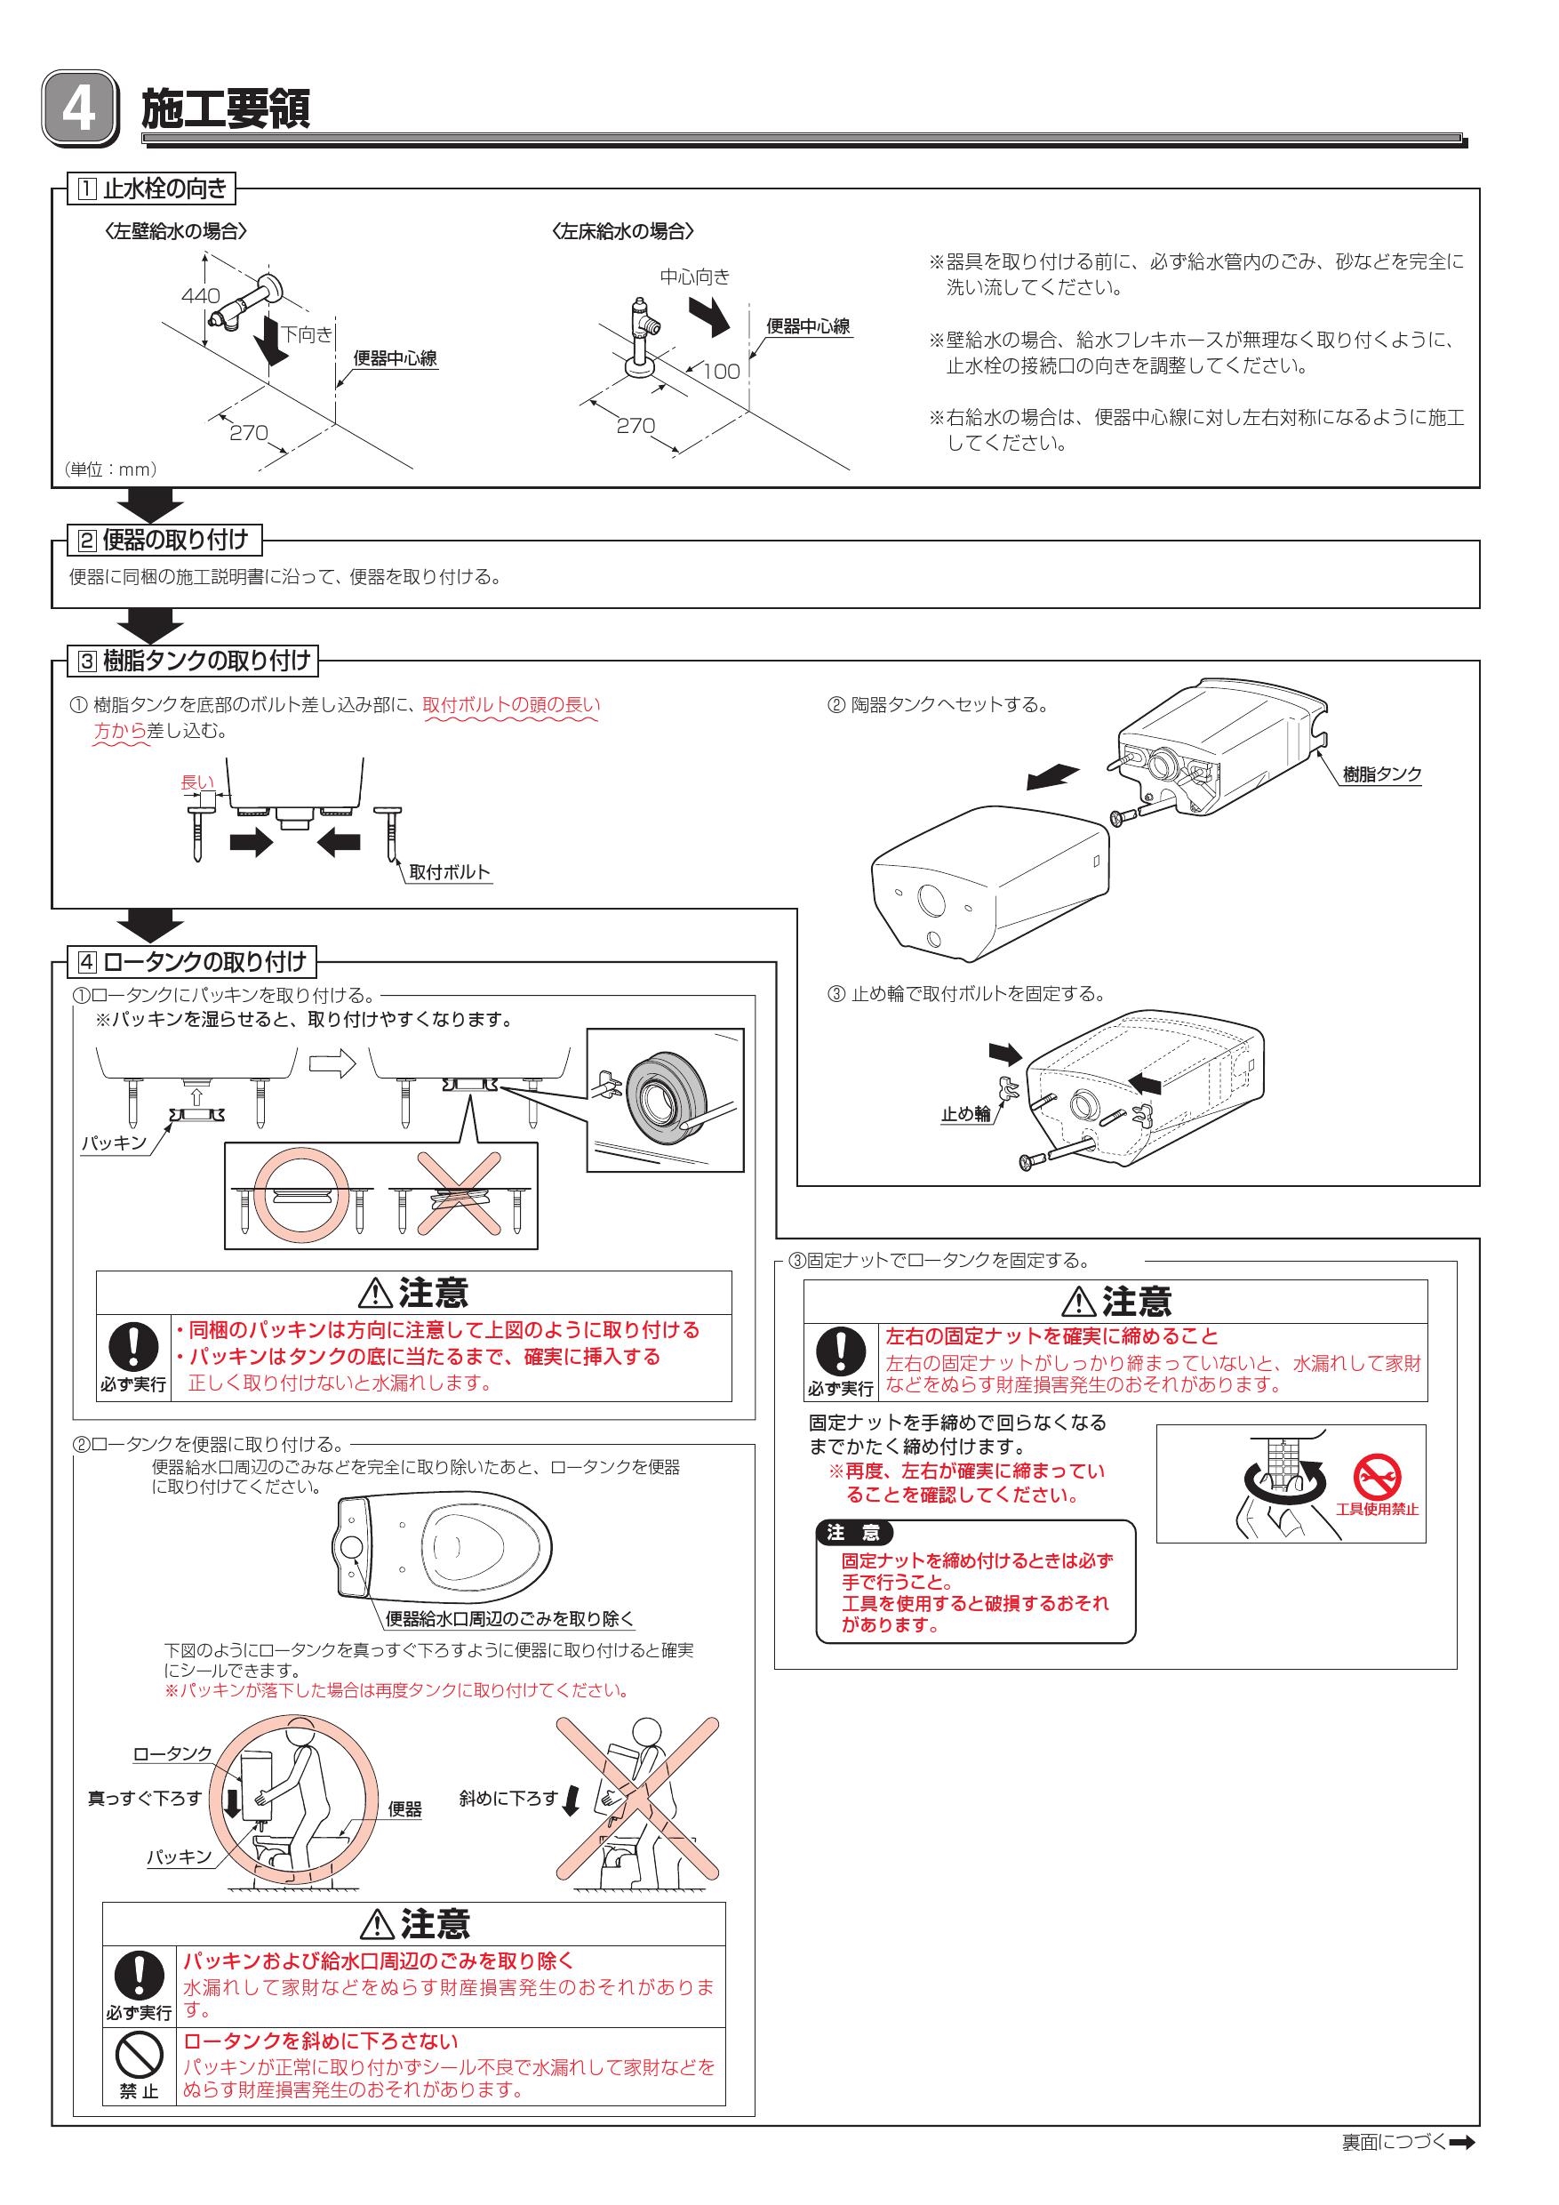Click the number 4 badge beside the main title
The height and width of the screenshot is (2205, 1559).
pyautogui.click(x=79, y=109)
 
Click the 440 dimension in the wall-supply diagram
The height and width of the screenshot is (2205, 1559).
pyautogui.click(x=201, y=296)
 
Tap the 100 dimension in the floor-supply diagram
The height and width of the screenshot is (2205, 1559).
pyautogui.click(x=721, y=372)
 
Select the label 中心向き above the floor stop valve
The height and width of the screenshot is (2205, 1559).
pyautogui.click(x=695, y=277)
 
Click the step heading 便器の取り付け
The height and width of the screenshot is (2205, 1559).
pyautogui.click(x=175, y=540)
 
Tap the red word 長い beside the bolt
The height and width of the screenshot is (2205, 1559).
pyautogui.click(x=196, y=782)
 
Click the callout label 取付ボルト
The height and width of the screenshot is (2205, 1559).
pyautogui.click(x=449, y=872)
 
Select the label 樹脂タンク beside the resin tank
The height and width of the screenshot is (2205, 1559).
pyautogui.click(x=1381, y=775)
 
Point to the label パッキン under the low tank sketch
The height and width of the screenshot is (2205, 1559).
pyautogui.click(x=113, y=1143)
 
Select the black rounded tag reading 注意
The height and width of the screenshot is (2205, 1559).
pyautogui.click(x=853, y=1533)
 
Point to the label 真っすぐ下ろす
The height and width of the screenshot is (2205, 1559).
pyautogui.click(x=145, y=1799)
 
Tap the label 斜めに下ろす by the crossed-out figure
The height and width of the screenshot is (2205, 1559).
pyautogui.click(x=508, y=1799)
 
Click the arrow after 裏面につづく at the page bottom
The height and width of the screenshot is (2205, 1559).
pyautogui.click(x=1462, y=2169)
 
